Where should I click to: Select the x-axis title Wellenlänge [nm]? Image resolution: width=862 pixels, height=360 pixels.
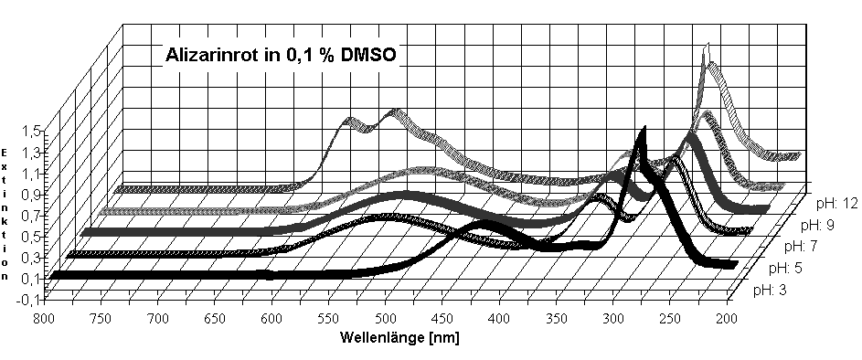399,337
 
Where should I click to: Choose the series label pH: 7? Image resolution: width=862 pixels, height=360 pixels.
802,247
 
